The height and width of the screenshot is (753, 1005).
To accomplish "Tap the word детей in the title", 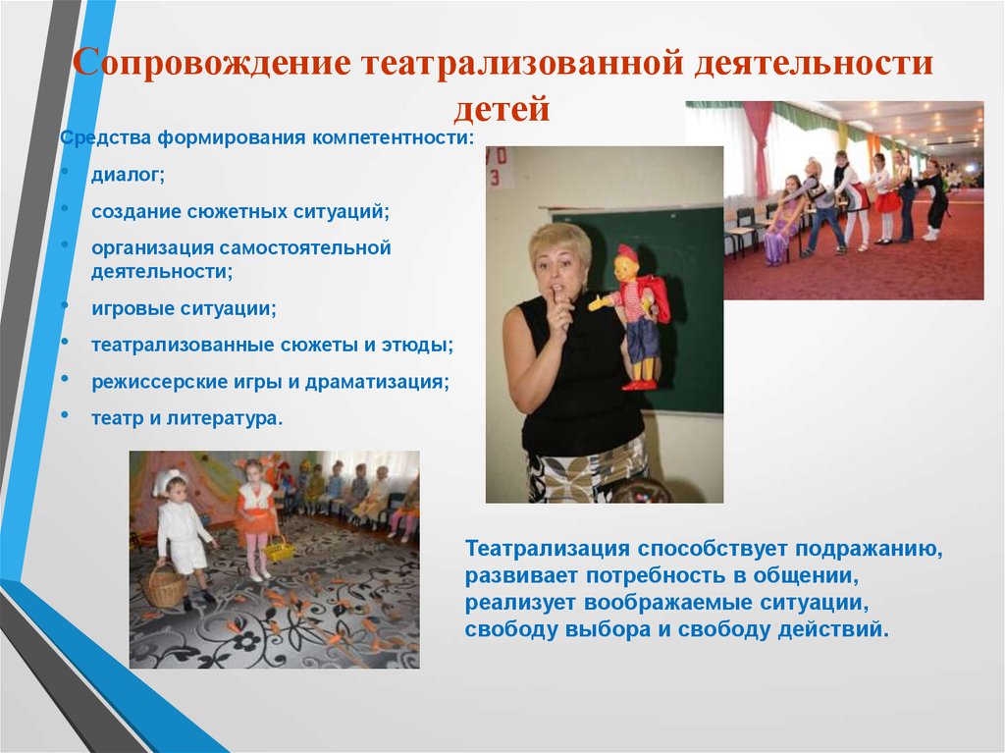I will click(502, 109).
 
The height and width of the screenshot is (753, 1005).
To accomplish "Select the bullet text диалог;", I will click(129, 176).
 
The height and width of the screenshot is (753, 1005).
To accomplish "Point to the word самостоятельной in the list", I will click(306, 247).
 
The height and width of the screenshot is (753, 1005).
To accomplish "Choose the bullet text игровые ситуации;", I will click(185, 307).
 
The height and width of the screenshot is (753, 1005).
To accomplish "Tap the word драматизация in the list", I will click(381, 381).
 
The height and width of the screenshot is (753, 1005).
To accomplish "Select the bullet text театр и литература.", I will click(187, 417).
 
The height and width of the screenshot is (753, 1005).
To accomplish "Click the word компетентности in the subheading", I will click(393, 137).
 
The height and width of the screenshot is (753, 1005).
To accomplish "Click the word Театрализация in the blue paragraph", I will click(547, 548).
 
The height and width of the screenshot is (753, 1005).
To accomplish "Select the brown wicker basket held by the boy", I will click(166, 588).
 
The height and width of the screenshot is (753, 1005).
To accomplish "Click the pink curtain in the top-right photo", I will click(758, 142).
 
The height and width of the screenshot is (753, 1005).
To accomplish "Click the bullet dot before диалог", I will click(65, 174).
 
